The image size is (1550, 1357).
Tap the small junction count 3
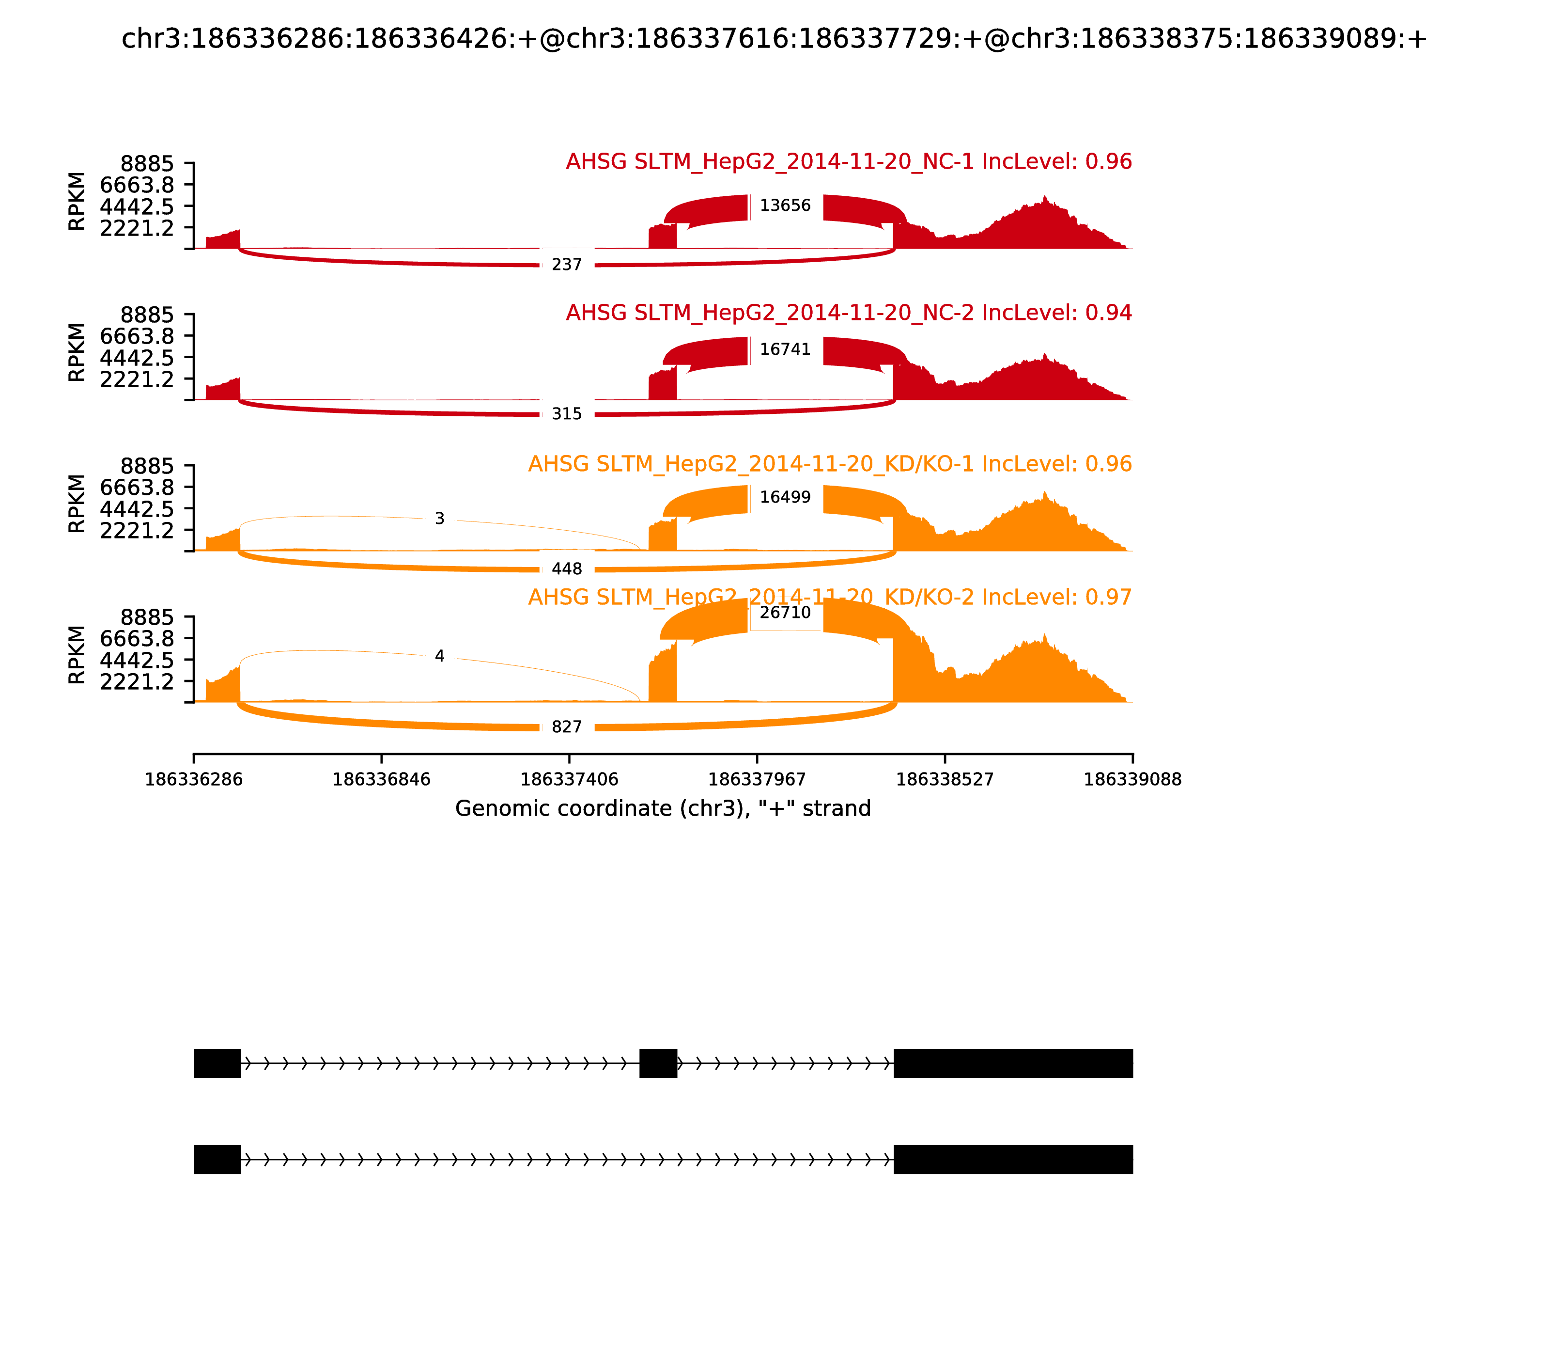tap(440, 519)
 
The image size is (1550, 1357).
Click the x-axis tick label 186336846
tap(382, 780)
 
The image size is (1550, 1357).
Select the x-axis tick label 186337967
tap(757, 780)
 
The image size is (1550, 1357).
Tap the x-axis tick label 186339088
tap(1132, 780)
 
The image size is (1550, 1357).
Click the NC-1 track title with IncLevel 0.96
tap(849, 162)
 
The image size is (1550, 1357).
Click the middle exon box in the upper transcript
tap(658, 1063)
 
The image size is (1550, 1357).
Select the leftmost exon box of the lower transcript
tap(217, 1159)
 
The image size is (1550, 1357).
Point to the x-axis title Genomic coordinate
tap(663, 809)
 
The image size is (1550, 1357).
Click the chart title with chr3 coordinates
tap(774, 39)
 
